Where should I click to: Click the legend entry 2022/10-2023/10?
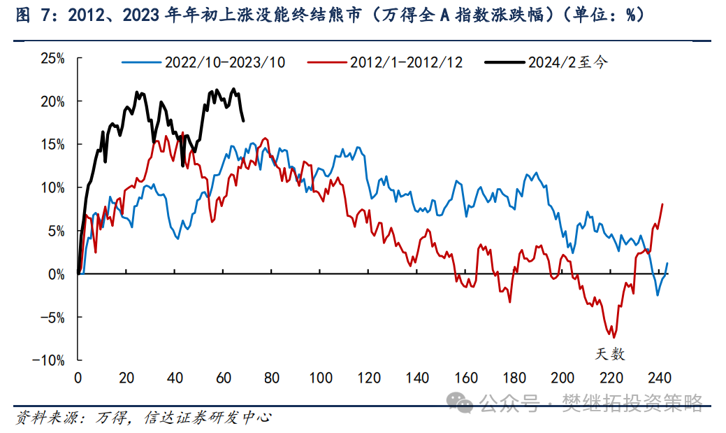224,62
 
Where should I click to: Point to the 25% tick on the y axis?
52,58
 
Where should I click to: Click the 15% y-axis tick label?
52,144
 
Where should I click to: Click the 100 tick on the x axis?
321,378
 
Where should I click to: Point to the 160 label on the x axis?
466,378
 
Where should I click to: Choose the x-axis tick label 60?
224,378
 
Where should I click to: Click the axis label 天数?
609,353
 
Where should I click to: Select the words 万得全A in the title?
419,15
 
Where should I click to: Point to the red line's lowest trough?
614,337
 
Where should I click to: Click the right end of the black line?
243,120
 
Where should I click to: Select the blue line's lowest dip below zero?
658,294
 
